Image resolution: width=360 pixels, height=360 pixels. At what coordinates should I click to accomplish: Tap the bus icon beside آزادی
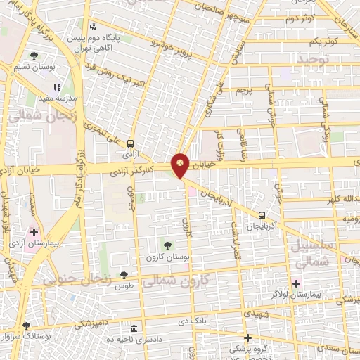(130, 141)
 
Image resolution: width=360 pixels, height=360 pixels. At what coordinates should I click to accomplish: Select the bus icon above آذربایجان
(262, 216)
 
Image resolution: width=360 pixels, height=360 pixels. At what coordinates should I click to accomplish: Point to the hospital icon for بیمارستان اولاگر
(297, 284)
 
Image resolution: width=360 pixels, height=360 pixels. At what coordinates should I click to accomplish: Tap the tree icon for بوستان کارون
(167, 245)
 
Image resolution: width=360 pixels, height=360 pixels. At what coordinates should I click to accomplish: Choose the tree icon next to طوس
(124, 275)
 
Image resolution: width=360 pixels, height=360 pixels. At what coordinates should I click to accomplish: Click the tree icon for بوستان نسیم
(34, 56)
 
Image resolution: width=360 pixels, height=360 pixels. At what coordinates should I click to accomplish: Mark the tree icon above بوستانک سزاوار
(26, 326)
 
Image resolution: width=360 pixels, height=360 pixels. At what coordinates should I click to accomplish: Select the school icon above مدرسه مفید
(58, 88)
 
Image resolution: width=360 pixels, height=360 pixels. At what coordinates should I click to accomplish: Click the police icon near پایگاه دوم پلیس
(93, 27)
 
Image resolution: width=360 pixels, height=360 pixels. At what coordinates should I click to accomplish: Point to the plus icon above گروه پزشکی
(247, 337)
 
